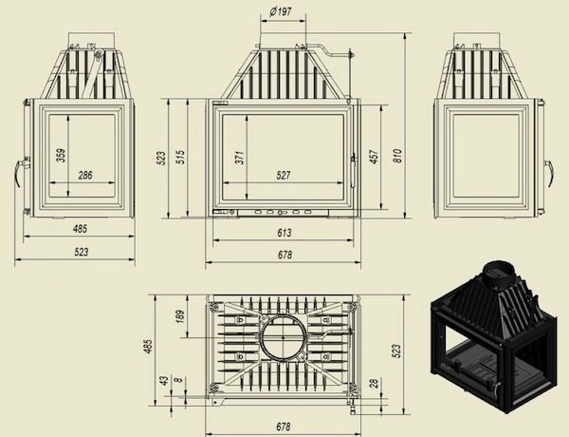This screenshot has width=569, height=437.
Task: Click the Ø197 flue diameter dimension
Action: [x=281, y=11]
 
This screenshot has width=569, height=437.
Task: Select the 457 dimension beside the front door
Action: [x=375, y=157]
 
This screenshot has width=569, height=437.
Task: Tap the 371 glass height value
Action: [x=240, y=157]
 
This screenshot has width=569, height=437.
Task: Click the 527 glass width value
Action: [x=283, y=175]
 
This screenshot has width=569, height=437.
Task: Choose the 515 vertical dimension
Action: [x=180, y=157]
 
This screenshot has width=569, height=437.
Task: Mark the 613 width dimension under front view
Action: [x=284, y=233]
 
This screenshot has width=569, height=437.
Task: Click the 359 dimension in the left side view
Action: [x=62, y=155]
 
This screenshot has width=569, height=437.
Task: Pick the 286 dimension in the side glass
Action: [x=85, y=175]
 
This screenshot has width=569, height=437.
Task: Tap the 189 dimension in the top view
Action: [x=180, y=316]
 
